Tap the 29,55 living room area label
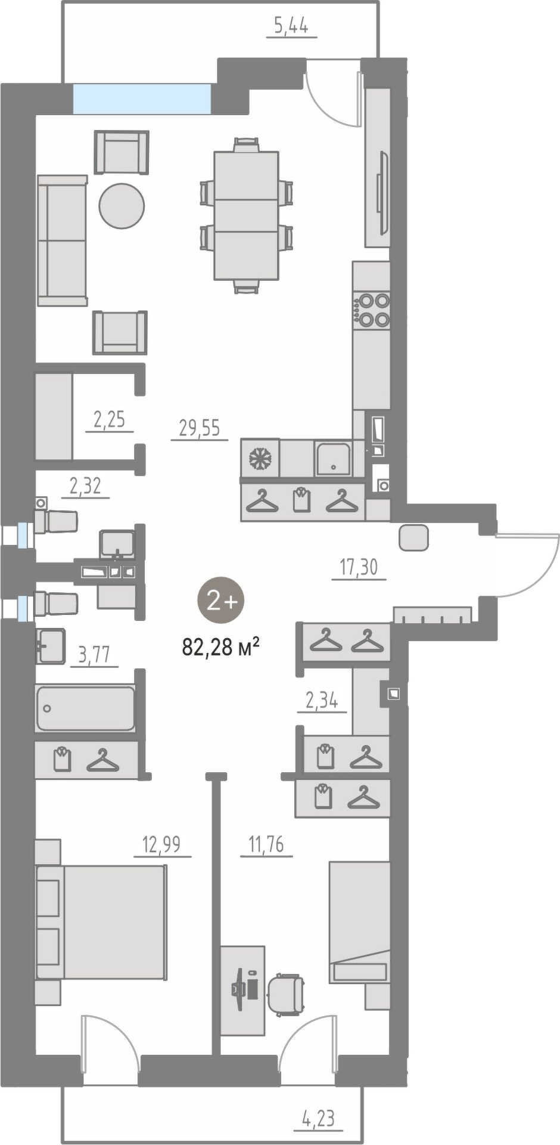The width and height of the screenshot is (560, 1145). pyautogui.click(x=200, y=428)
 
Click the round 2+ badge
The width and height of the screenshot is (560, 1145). pyautogui.click(x=221, y=601)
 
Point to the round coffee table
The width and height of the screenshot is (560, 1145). pyautogui.click(x=122, y=206)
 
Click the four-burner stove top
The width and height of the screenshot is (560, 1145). pyautogui.click(x=371, y=310)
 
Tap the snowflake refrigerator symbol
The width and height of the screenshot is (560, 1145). pyautogui.click(x=260, y=458)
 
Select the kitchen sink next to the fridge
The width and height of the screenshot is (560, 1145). pyautogui.click(x=333, y=458)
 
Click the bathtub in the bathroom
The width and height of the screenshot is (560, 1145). pyautogui.click(x=86, y=708)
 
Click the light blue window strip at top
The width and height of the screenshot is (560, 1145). pyautogui.click(x=142, y=98)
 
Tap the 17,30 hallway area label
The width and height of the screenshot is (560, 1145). pyautogui.click(x=359, y=567)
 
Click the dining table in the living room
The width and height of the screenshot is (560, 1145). pyautogui.click(x=246, y=215)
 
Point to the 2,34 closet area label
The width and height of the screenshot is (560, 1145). pyautogui.click(x=322, y=700)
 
